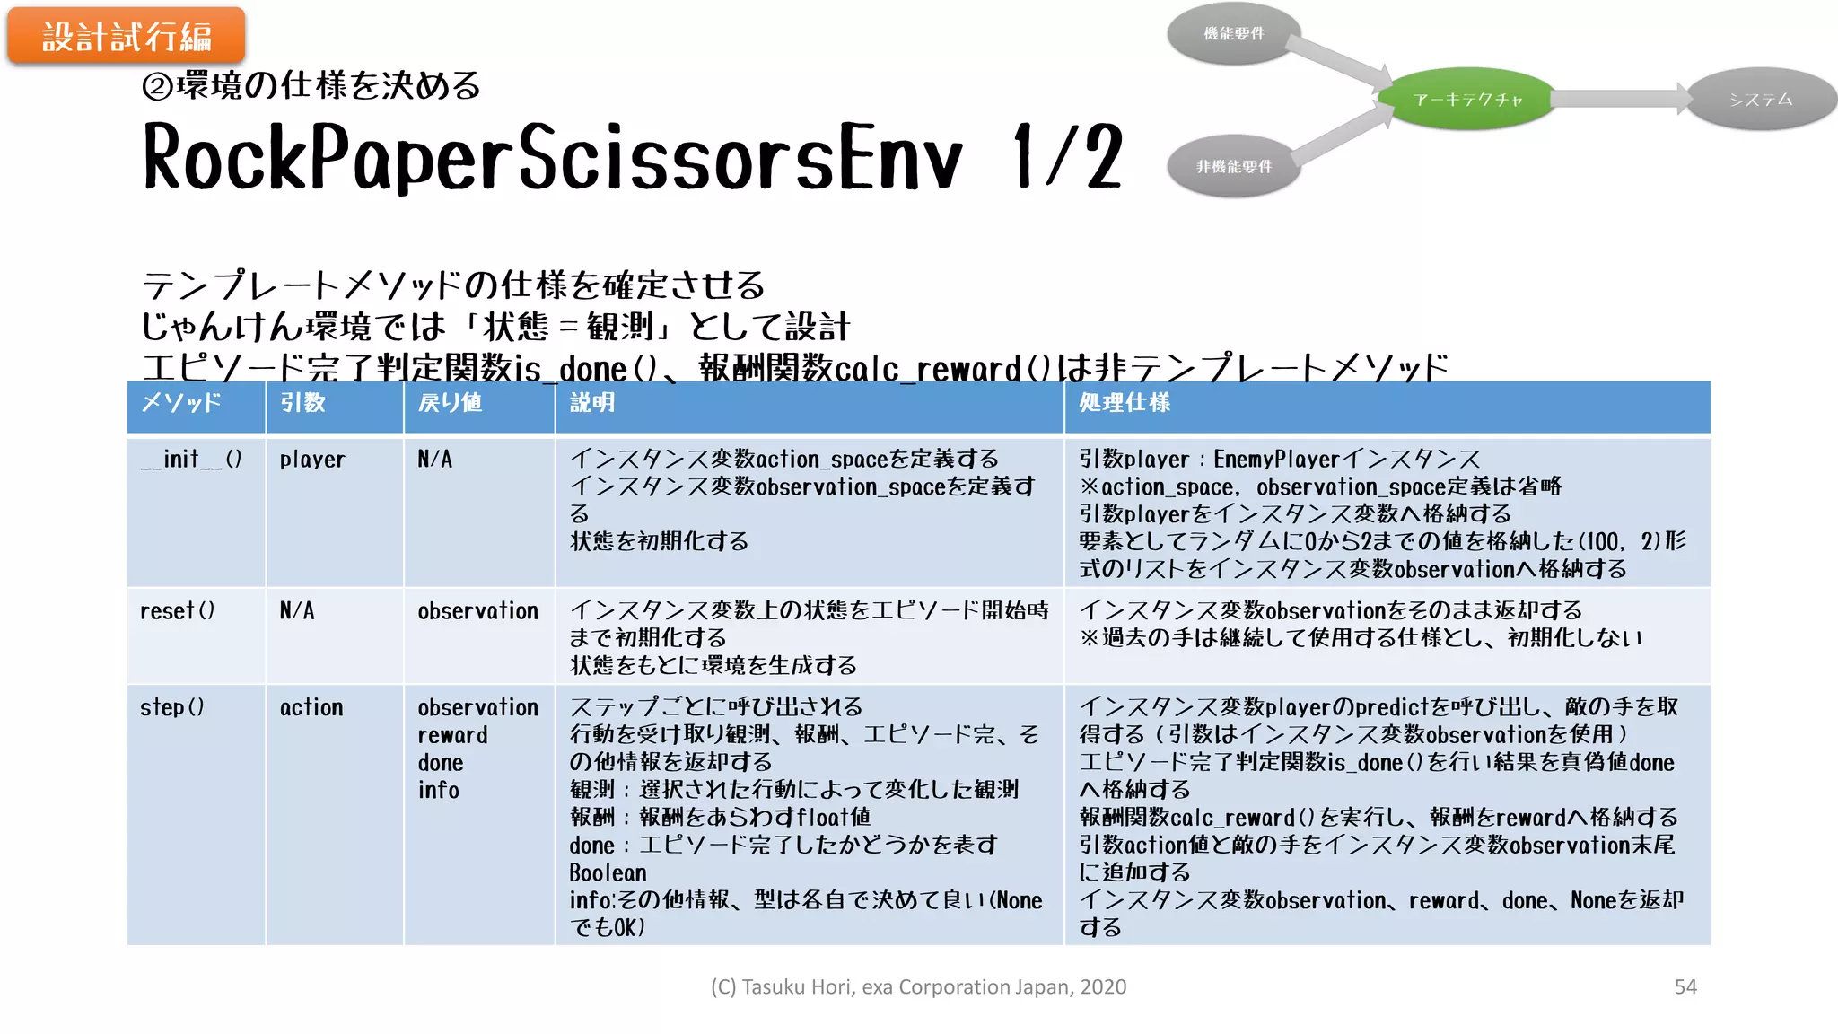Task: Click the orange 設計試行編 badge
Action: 127,37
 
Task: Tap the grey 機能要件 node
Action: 1234,34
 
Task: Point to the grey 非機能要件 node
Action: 1234,167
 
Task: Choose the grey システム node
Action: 1761,99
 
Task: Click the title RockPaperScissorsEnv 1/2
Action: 633,158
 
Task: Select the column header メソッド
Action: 181,403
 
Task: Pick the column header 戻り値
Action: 451,403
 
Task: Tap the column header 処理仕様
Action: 1125,403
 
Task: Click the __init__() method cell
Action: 191,460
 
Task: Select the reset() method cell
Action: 178,611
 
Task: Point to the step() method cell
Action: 172,707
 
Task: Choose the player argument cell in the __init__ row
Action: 312,460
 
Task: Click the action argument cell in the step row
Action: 311,707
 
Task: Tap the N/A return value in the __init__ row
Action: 435,460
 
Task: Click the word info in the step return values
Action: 439,790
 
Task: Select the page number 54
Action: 1685,986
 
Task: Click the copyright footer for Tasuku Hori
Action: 918,986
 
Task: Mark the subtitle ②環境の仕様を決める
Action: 311,86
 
